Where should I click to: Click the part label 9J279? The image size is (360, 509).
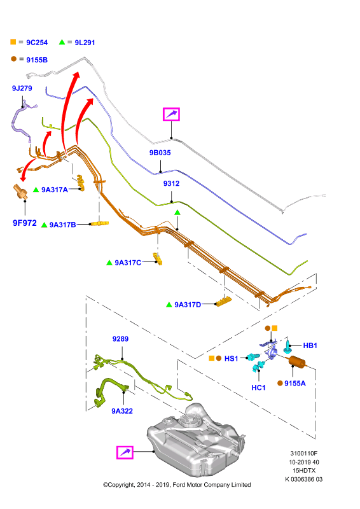coord(22,88)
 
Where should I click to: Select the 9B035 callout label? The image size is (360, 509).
coord(160,153)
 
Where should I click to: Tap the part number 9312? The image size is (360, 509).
coord(171,183)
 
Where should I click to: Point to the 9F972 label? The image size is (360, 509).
coord(25,223)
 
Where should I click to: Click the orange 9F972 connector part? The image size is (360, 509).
coord(20,192)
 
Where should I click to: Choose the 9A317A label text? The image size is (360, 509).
coord(55,190)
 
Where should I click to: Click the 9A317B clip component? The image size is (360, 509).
coord(100,223)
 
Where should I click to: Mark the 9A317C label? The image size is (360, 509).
coord(128,263)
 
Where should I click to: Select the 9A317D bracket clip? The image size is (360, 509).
coord(224,302)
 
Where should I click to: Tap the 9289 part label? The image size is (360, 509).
coord(120,339)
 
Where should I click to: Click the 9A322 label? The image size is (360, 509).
coord(122,411)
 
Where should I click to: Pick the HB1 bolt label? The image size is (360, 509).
coord(310,345)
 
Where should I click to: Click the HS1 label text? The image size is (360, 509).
coord(231,358)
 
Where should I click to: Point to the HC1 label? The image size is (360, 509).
coord(258,387)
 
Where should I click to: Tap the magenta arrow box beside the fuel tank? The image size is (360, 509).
coord(125,452)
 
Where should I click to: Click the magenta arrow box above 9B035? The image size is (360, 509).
coord(171,115)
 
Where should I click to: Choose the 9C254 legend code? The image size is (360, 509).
coord(37,43)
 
